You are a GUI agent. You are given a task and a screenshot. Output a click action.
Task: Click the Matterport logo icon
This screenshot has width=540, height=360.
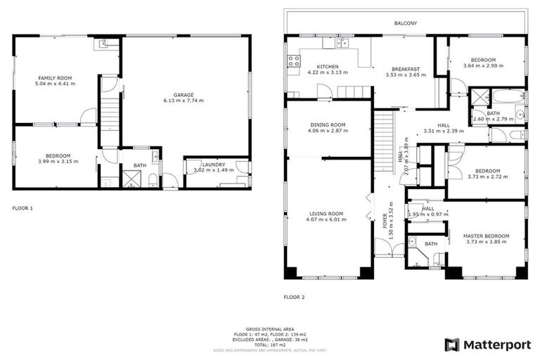pos(452,345)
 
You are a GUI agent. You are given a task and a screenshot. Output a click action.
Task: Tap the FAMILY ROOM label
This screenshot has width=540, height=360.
pos(55,77)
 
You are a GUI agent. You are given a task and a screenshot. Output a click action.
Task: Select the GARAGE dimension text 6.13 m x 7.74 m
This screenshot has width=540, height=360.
pos(184,101)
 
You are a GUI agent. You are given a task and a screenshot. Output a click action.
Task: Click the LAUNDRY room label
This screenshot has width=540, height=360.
pos(214,165)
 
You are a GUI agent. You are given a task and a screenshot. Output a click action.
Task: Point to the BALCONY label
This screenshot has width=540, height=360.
pos(405,23)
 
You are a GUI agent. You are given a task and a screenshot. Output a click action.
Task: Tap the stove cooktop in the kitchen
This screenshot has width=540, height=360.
pos(293,61)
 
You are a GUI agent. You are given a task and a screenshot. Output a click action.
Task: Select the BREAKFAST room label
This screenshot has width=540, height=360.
pos(402,69)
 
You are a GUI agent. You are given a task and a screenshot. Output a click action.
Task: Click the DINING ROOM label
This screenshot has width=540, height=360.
pos(328,125)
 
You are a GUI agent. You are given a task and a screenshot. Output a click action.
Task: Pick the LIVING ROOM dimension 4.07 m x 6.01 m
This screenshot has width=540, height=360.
pos(328,219)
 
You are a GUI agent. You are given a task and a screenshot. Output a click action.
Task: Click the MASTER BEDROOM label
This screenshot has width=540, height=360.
pos(486,236)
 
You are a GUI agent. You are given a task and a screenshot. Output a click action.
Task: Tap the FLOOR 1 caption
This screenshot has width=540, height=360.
pos(22,208)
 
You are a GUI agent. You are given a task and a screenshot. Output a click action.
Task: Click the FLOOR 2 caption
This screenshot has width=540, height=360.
pos(294,297)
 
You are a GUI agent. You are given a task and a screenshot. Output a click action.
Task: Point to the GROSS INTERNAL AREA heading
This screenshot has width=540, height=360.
pos(269,328)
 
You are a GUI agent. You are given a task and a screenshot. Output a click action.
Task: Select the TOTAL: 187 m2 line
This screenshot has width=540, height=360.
pos(269,345)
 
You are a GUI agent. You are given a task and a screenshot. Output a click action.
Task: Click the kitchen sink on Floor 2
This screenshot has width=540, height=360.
pos(342,44)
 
